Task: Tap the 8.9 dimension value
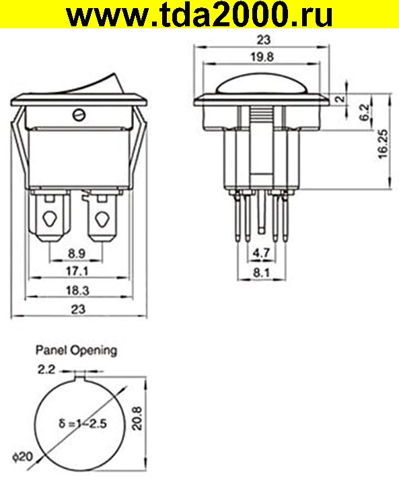click(76, 253)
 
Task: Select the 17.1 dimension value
click(77, 271)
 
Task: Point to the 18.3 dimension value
click(78, 290)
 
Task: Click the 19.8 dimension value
click(262, 57)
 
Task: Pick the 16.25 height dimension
click(384, 144)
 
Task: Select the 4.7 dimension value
click(261, 253)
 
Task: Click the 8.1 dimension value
click(261, 273)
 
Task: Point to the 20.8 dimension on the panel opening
click(137, 418)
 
